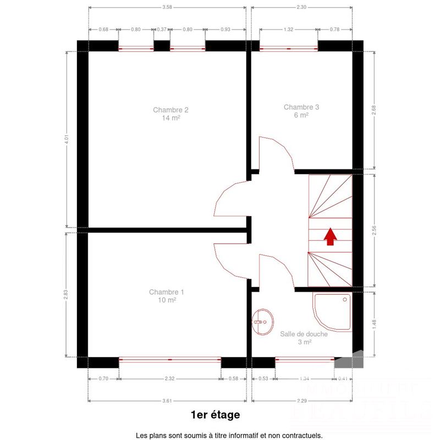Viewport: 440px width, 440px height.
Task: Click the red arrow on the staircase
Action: (330, 237)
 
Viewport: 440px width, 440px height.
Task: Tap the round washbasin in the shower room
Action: (263, 322)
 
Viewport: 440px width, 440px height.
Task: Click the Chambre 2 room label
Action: (167, 113)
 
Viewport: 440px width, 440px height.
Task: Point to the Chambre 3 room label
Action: (301, 111)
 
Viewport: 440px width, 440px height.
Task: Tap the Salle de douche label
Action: (304, 338)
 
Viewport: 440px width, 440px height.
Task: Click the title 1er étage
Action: (215, 414)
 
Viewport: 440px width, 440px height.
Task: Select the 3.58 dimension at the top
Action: (167, 7)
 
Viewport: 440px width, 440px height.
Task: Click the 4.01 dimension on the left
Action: (67, 139)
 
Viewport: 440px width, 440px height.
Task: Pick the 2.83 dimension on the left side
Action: (67, 294)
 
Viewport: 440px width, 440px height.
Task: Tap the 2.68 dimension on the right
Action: (374, 110)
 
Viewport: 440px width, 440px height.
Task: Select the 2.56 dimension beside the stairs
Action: (374, 231)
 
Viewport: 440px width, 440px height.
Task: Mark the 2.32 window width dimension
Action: (170, 378)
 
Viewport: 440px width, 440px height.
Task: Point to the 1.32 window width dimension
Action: (289, 29)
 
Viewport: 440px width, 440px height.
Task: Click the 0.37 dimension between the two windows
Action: (162, 29)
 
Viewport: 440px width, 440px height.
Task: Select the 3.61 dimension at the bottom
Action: (167, 400)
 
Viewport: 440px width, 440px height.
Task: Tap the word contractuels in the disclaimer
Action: (300, 435)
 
